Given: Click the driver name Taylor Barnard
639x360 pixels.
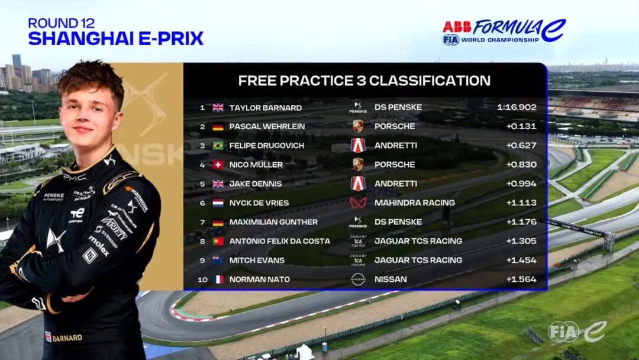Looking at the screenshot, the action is point(265,108).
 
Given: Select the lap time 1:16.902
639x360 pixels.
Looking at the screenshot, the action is point(517,107).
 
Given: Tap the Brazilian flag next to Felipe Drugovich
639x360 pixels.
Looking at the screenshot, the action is point(218,146).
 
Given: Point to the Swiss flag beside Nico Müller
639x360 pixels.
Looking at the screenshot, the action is point(218,165).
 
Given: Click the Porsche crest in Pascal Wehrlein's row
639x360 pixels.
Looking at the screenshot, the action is point(358,126).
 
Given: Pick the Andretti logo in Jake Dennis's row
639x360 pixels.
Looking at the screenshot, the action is point(358,184).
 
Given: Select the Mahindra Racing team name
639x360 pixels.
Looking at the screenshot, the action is point(414,202).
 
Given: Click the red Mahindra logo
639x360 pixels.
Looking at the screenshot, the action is point(358,202).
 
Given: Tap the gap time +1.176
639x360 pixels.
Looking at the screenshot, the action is point(521,222).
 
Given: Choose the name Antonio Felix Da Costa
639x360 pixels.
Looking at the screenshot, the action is point(279,241).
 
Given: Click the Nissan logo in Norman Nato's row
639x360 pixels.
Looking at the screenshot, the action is point(358,279).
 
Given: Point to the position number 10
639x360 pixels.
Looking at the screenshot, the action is point(202,279).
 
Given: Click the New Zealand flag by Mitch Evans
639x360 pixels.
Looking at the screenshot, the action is point(218,260).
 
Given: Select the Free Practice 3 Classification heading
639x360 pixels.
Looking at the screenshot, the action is point(364,81).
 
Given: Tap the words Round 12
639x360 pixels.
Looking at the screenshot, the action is point(61,23).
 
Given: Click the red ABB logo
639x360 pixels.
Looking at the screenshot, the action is point(457,27).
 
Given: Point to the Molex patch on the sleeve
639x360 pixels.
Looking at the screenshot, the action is point(99,246).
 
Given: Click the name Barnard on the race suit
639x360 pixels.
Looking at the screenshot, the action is point(67,338).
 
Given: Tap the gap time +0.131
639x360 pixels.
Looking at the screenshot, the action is point(521,126).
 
